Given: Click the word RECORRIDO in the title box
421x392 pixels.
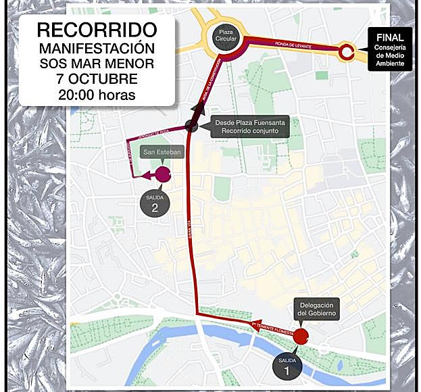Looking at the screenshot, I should click(97, 30).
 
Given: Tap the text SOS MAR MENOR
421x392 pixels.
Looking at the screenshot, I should click(97, 64).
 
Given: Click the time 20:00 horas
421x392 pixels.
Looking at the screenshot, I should click(97, 95).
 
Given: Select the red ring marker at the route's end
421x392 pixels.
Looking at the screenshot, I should click(347, 51).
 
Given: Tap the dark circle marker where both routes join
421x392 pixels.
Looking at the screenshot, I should click(192, 126).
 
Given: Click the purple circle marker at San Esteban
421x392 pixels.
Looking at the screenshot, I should click(163, 176).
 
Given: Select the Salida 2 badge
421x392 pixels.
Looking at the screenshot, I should click(155, 203).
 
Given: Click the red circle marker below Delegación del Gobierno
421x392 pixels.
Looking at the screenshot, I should click(301, 334).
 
